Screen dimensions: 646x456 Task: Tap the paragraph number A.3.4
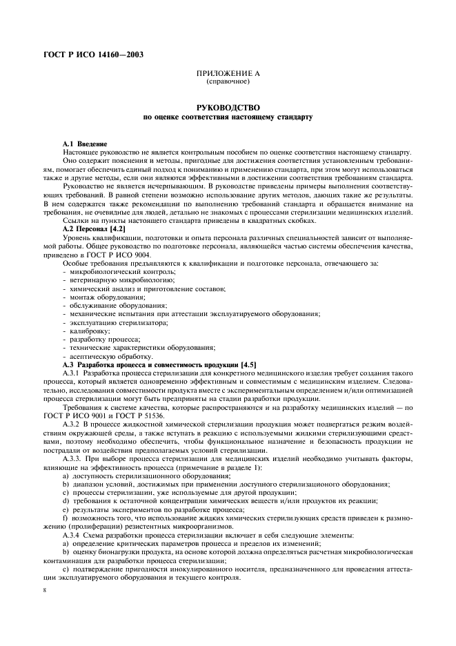pos(72,536)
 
